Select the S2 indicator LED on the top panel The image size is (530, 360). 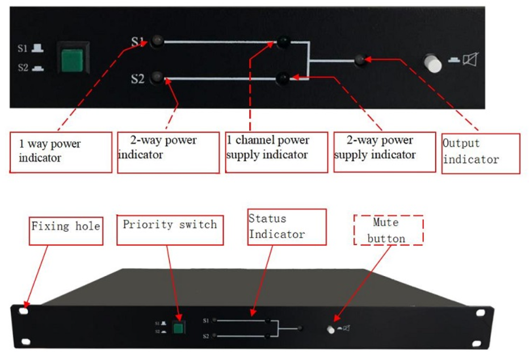tap(157, 78)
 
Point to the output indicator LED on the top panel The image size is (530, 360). tap(359, 60)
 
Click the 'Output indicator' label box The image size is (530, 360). tap(481, 153)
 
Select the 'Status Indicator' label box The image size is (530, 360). tap(287, 227)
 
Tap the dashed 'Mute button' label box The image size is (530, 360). tap(389, 230)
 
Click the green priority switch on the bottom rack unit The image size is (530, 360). tap(179, 328)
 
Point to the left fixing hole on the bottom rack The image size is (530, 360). tap(24, 311)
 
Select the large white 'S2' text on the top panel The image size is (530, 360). tap(137, 78)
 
